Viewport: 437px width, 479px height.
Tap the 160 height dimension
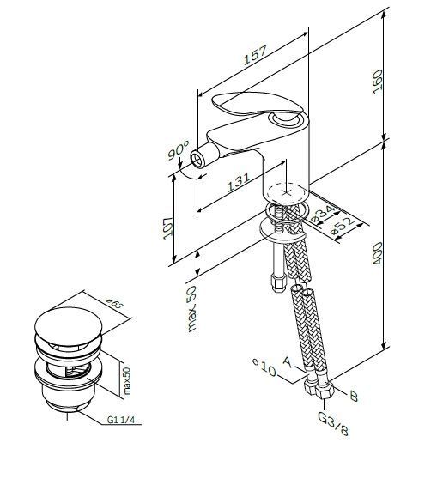pos(378,82)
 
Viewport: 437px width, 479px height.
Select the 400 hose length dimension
pos(378,253)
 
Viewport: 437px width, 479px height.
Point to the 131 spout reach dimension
pos(239,182)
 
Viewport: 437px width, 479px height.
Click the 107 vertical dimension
pos(167,228)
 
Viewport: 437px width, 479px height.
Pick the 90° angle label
pos(179,150)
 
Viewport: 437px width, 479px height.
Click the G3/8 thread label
pos(333,423)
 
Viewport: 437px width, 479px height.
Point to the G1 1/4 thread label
pos(121,420)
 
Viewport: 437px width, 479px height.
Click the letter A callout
pos(288,361)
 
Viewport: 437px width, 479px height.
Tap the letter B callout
pos(354,396)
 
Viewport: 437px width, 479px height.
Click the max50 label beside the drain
pos(126,380)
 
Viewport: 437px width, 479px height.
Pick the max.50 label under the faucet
pos(192,309)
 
